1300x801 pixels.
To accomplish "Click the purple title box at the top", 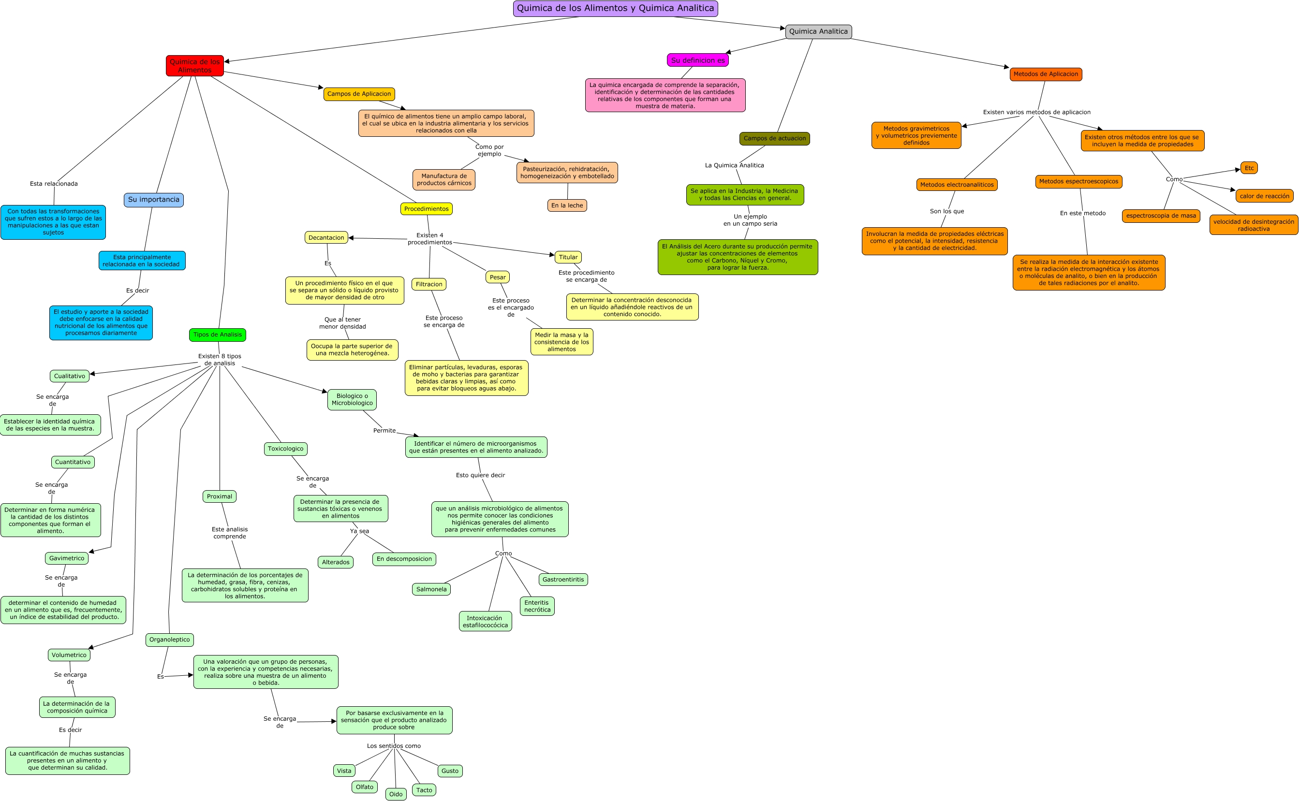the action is (615, 9).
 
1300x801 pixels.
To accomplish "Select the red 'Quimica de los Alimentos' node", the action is (194, 66).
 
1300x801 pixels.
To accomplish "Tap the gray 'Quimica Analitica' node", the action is (818, 32).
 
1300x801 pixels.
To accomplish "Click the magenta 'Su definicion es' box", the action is (697, 60).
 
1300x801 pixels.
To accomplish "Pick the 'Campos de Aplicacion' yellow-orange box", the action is (359, 94).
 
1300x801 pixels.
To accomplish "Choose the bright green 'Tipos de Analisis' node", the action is (217, 335).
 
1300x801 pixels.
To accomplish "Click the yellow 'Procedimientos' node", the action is (426, 209).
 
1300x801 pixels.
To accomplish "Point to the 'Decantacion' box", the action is (326, 238).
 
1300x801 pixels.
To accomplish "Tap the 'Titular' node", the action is (568, 258).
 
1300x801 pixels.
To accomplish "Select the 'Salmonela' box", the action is (431, 589).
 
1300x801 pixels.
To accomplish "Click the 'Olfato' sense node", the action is (365, 786).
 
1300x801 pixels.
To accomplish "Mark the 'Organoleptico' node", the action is (170, 640).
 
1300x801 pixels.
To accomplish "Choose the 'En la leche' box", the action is (567, 205).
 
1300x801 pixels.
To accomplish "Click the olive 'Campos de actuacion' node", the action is (774, 139).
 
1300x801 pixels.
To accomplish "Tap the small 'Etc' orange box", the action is (1249, 168).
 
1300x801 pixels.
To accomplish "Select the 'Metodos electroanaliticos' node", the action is (957, 185).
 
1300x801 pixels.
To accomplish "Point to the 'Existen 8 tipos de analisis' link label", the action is (220, 360).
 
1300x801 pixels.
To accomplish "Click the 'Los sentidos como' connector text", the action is (394, 746).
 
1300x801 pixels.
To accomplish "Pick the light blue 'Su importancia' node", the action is (154, 200).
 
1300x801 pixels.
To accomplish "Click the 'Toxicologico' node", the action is (286, 449).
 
